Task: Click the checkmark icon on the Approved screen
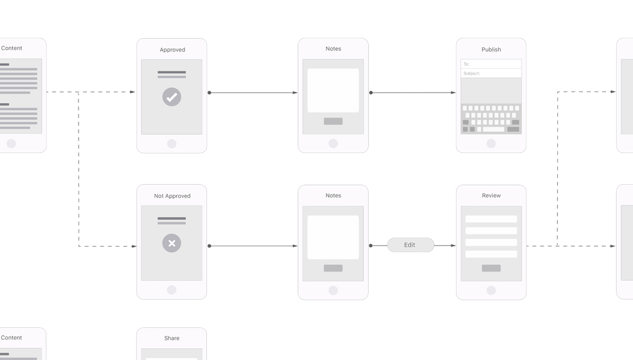pyautogui.click(x=172, y=97)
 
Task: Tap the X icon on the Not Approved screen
pyautogui.click(x=172, y=243)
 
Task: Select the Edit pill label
pyautogui.click(x=410, y=245)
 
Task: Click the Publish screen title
pyautogui.click(x=491, y=49)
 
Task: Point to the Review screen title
pyautogui.click(x=491, y=196)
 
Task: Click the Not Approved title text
pyautogui.click(x=172, y=196)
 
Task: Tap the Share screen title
pyautogui.click(x=172, y=338)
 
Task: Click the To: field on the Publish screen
pyautogui.click(x=491, y=64)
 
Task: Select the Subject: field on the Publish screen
pyautogui.click(x=491, y=73)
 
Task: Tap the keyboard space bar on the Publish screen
pyautogui.click(x=494, y=130)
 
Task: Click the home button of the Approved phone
pyautogui.click(x=172, y=144)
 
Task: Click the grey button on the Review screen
pyautogui.click(x=491, y=268)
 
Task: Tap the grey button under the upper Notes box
pyautogui.click(x=333, y=121)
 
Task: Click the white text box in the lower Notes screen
pyautogui.click(x=333, y=237)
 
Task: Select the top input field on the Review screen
pyautogui.click(x=491, y=219)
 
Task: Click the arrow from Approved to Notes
pyautogui.click(x=253, y=93)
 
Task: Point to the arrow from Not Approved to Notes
pyautogui.click(x=253, y=246)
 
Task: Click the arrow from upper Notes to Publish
pyautogui.click(x=413, y=93)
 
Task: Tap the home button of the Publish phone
pyautogui.click(x=491, y=144)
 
